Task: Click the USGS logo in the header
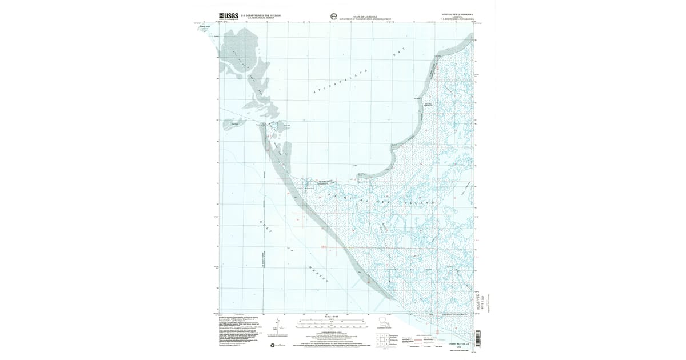[x=228, y=17]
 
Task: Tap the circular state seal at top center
[x=333, y=17]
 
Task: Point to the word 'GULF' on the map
[x=262, y=226]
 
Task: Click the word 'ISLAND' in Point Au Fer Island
[x=426, y=203]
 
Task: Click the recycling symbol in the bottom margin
[x=272, y=344]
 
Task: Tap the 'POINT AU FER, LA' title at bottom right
[x=460, y=343]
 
